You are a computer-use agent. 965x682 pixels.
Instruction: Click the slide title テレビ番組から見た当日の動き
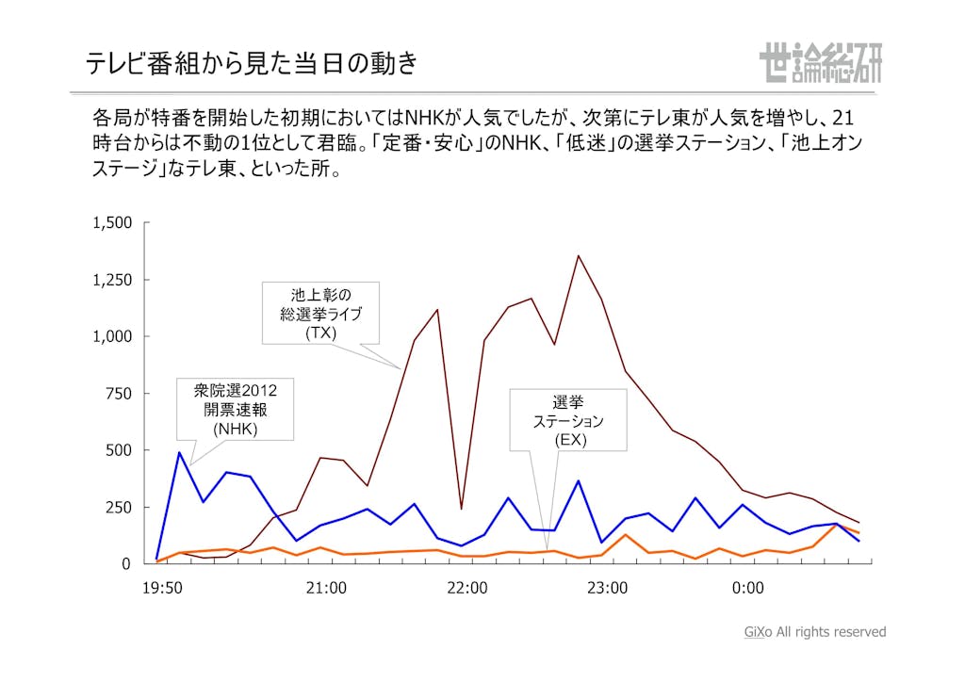pyautogui.click(x=251, y=63)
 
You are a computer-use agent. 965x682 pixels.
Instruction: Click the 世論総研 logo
pyautogui.click(x=820, y=63)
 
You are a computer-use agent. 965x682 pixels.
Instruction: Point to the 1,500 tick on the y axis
pyautogui.click(x=112, y=223)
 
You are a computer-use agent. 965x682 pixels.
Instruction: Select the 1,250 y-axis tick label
pyautogui.click(x=112, y=280)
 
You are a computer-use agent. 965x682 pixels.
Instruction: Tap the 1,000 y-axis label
pyautogui.click(x=112, y=336)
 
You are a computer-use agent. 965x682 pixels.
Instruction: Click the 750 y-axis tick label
pyautogui.click(x=120, y=394)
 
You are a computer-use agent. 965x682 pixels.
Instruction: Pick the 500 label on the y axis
pyautogui.click(x=120, y=450)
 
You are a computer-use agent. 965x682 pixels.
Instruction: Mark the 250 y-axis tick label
pyautogui.click(x=120, y=507)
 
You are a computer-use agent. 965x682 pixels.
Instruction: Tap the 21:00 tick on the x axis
pyautogui.click(x=326, y=589)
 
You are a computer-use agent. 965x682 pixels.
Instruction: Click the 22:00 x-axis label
pyautogui.click(x=466, y=589)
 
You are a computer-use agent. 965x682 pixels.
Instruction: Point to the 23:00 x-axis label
pyautogui.click(x=607, y=589)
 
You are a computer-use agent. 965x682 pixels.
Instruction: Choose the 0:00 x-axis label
pyautogui.click(x=747, y=589)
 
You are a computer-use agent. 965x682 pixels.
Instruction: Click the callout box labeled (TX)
pyautogui.click(x=320, y=314)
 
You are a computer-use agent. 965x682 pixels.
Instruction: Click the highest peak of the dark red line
pyautogui.click(x=579, y=255)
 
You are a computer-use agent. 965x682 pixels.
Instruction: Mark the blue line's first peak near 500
pyautogui.click(x=180, y=452)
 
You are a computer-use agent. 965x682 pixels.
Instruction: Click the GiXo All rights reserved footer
pyautogui.click(x=815, y=632)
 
